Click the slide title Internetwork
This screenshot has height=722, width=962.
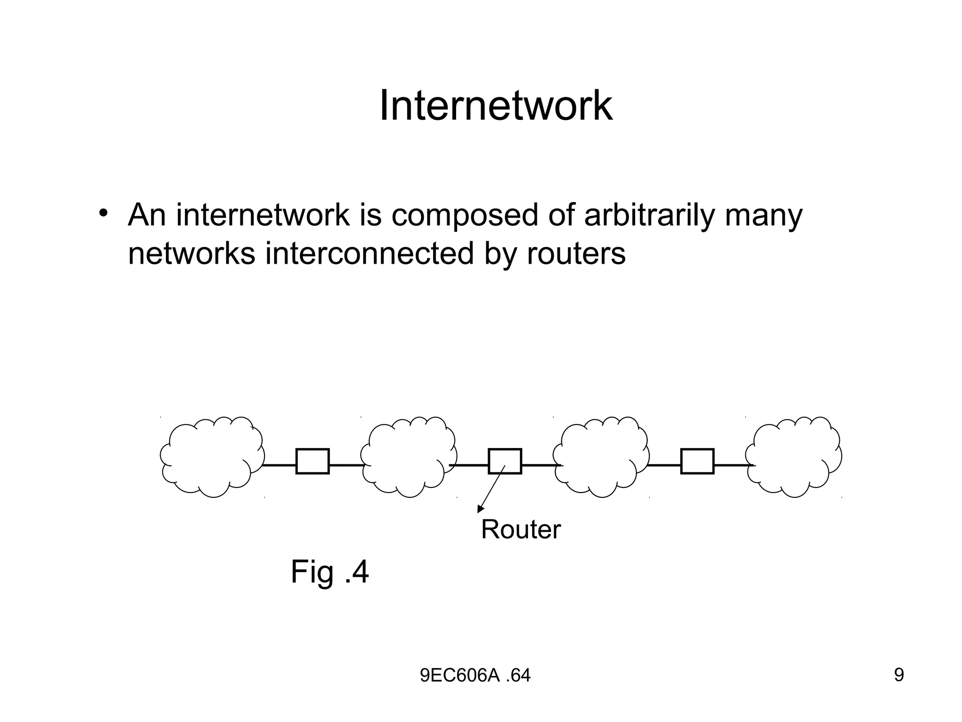point(496,106)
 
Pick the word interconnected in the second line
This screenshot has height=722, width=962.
point(370,254)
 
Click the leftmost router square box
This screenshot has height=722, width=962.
point(312,461)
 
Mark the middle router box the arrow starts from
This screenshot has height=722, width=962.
point(505,461)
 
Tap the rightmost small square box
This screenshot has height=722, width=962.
point(697,461)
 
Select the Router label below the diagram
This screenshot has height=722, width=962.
point(520,530)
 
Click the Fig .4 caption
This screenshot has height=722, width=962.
point(330,572)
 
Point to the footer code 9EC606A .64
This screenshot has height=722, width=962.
point(475,675)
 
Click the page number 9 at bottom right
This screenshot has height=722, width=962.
point(899,675)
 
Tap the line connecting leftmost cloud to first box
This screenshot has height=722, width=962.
point(280,465)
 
